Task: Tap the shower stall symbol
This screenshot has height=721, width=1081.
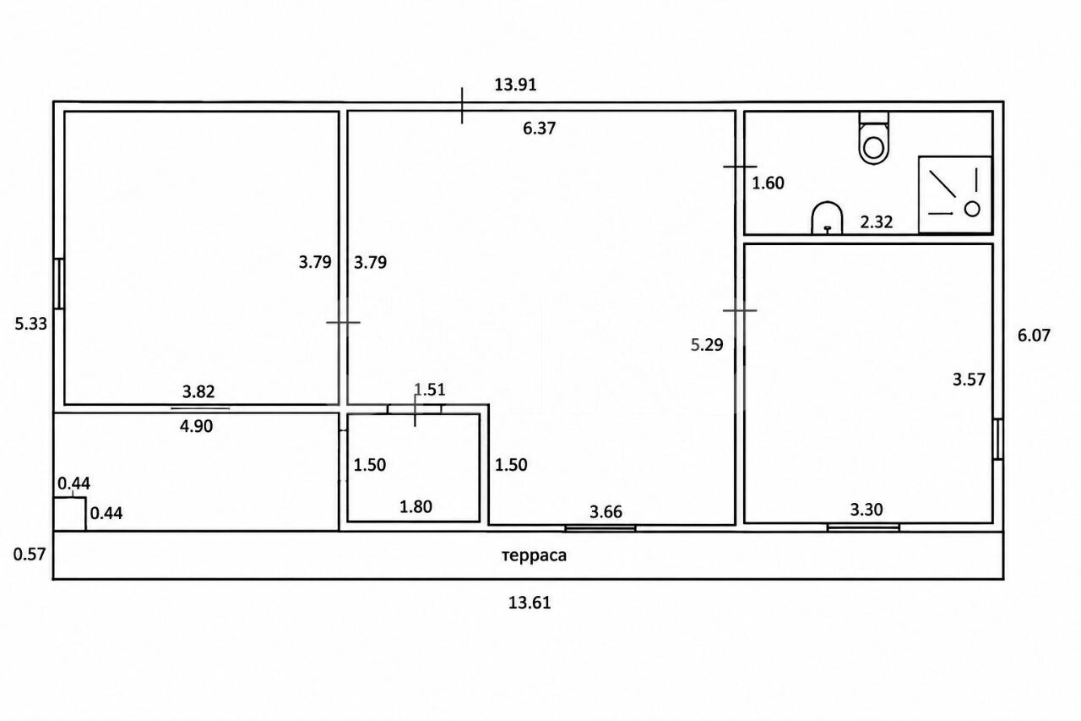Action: [x=955, y=194]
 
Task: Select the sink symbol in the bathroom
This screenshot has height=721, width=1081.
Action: [x=827, y=218]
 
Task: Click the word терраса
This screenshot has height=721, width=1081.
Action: [x=535, y=556]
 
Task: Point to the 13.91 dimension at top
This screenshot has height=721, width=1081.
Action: [x=515, y=85]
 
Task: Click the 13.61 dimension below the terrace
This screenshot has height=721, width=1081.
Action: [x=530, y=603]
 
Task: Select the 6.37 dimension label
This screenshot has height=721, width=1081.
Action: [x=539, y=128]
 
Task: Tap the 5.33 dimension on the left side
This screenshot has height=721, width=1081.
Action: [x=31, y=324]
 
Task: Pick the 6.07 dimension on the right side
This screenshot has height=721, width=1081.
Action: [x=1034, y=336]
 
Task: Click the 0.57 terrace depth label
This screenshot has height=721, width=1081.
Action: [x=30, y=554]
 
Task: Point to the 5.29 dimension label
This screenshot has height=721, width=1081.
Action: [x=707, y=345]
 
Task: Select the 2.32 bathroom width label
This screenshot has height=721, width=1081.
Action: [x=877, y=221]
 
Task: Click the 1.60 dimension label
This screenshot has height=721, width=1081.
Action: [x=769, y=183]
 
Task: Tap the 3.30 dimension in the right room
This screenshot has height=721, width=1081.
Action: [x=866, y=510]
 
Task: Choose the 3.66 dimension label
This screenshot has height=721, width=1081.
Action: [x=606, y=511]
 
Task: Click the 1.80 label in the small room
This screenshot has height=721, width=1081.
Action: [x=416, y=506]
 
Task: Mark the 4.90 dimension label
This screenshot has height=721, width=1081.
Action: [x=196, y=426]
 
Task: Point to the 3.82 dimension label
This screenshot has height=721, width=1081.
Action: [x=198, y=391]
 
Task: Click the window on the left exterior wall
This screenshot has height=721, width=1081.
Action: [x=59, y=283]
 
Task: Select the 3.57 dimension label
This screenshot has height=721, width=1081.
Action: [x=969, y=380]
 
